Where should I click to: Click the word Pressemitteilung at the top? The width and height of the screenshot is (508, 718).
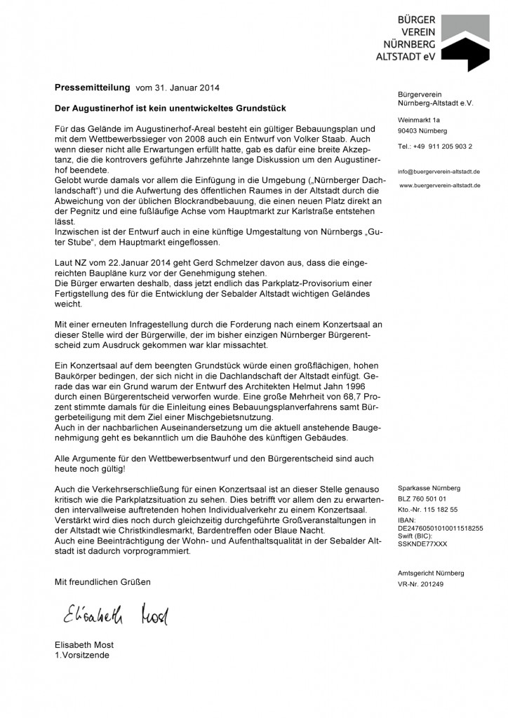coord(93,88)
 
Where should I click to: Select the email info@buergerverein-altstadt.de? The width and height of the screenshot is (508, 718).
coord(438,171)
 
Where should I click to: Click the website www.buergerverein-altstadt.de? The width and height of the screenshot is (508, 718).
coord(440,185)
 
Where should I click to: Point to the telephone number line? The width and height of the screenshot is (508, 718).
coord(434,146)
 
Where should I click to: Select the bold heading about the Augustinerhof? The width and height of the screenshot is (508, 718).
coord(171,109)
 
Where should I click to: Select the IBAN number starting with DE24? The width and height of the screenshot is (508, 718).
coord(439,529)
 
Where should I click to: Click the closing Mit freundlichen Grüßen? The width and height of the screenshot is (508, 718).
coord(102,582)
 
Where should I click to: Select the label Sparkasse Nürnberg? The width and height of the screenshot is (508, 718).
coord(428,487)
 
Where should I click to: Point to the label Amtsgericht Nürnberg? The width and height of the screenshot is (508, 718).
coord(430,573)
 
